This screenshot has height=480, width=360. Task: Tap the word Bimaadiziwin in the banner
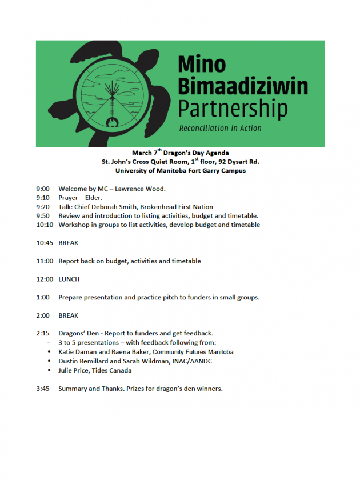[242, 87]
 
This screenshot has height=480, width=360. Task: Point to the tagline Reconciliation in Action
[220, 128]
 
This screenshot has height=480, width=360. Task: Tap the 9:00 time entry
[43, 189]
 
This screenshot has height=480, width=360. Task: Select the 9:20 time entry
[43, 207]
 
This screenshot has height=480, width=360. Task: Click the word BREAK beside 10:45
[69, 243]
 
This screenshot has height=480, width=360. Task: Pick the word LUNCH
[69, 279]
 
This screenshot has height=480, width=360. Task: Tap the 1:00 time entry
[43, 297]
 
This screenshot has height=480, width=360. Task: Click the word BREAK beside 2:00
[69, 315]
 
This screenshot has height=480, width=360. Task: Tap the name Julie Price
[75, 370]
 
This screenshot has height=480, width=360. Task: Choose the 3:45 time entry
[43, 389]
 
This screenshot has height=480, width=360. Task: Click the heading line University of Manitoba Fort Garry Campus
[180, 170]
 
